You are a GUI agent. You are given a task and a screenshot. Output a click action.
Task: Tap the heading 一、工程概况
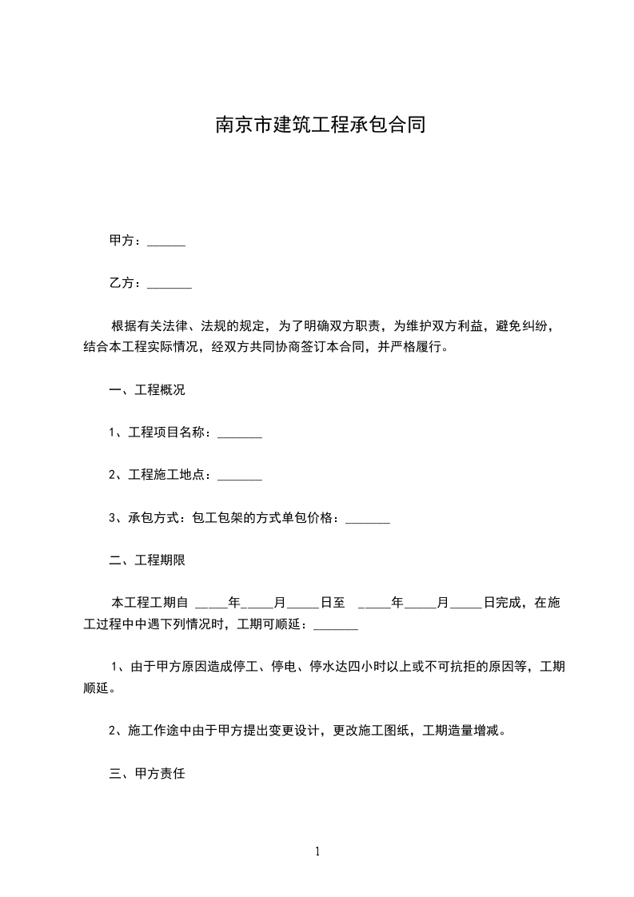point(147,391)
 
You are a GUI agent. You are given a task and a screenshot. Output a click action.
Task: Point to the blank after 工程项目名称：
point(240,434)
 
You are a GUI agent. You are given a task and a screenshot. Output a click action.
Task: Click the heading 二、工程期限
point(147,561)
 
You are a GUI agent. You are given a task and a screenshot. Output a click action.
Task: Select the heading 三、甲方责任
point(147,774)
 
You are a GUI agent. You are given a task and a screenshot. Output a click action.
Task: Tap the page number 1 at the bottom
point(317,852)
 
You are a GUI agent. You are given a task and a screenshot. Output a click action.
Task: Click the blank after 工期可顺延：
point(336,624)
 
